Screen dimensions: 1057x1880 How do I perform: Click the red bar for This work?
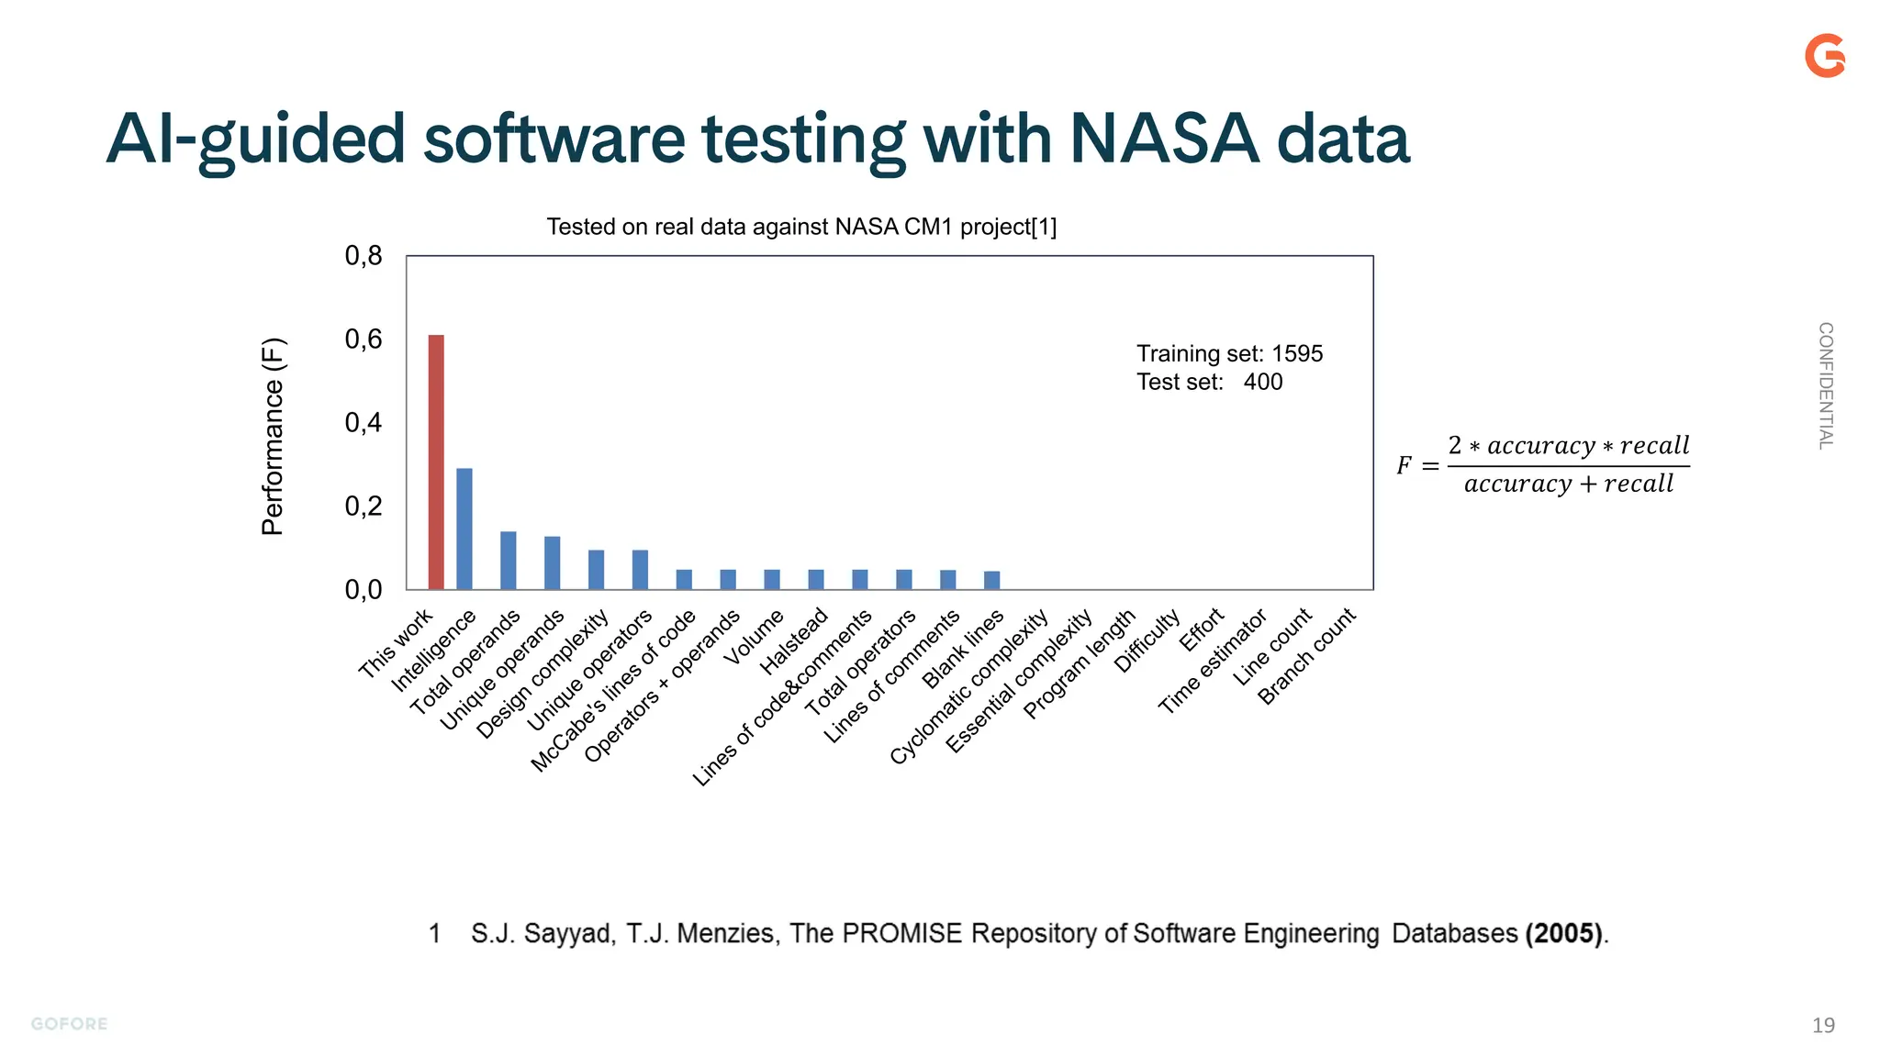point(436,462)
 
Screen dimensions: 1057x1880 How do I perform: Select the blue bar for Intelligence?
point(464,528)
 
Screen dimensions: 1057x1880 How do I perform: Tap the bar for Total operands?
point(509,561)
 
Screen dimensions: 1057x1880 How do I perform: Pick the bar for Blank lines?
point(991,580)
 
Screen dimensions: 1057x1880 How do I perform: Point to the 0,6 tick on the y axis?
point(364,339)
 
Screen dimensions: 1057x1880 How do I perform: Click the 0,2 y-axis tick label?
point(364,506)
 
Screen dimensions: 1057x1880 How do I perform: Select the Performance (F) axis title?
point(274,437)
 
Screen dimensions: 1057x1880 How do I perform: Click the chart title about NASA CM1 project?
point(801,227)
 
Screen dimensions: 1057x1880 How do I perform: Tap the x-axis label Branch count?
point(1306,656)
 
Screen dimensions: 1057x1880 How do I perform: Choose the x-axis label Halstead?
point(795,641)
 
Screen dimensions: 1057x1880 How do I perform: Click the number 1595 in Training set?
point(1297,354)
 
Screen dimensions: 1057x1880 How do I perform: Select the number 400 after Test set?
point(1263,383)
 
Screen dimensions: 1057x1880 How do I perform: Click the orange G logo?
point(1825,56)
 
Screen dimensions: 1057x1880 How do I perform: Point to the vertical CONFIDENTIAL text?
point(1826,385)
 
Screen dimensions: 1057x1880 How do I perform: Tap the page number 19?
point(1823,1025)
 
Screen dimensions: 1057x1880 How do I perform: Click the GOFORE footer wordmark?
point(70,1024)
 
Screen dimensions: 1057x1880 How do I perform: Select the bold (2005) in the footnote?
point(1564,934)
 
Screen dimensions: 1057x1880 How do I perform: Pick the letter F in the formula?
point(1404,466)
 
